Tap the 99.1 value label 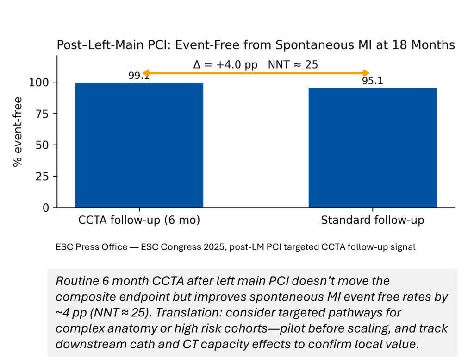(x=139, y=76)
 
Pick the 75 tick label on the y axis (x=45, y=114)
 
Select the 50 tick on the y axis (x=45, y=145)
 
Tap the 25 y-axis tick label (x=45, y=177)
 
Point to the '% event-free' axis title (x=18, y=132)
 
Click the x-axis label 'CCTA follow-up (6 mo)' (x=139, y=221)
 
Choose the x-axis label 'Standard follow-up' (x=373, y=221)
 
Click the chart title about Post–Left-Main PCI (x=256, y=45)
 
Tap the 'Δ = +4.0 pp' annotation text (x=225, y=64)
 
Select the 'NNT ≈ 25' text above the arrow (x=293, y=64)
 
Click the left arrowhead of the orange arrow (x=145, y=73)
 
